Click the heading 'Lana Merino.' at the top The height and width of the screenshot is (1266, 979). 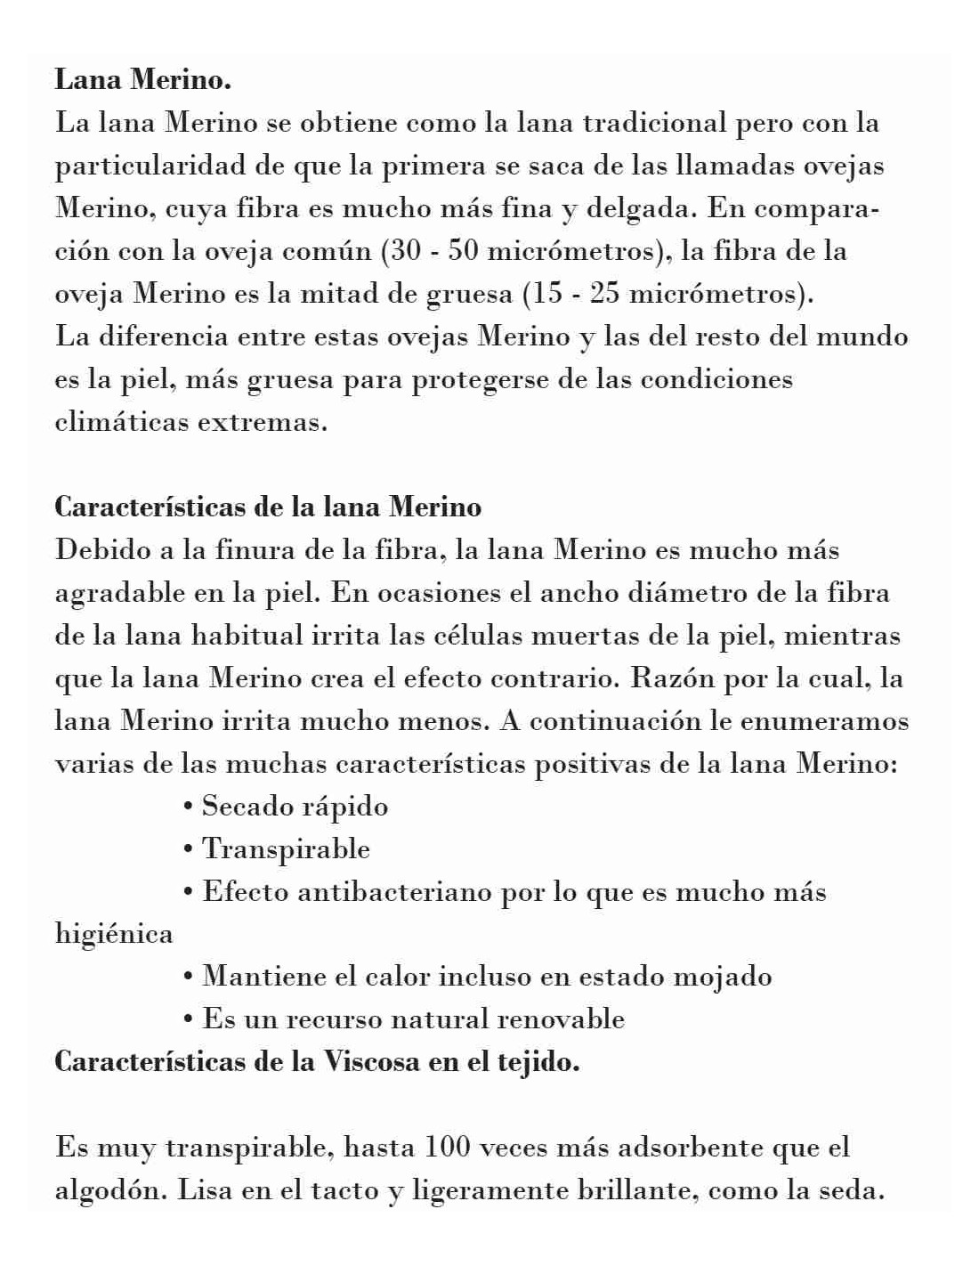[x=143, y=80]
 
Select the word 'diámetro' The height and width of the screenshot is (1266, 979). [x=677, y=593]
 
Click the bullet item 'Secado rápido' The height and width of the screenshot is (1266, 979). [x=295, y=807]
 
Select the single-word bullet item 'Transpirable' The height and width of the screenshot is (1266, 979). [x=286, y=849]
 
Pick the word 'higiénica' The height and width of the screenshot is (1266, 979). [x=114, y=934]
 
